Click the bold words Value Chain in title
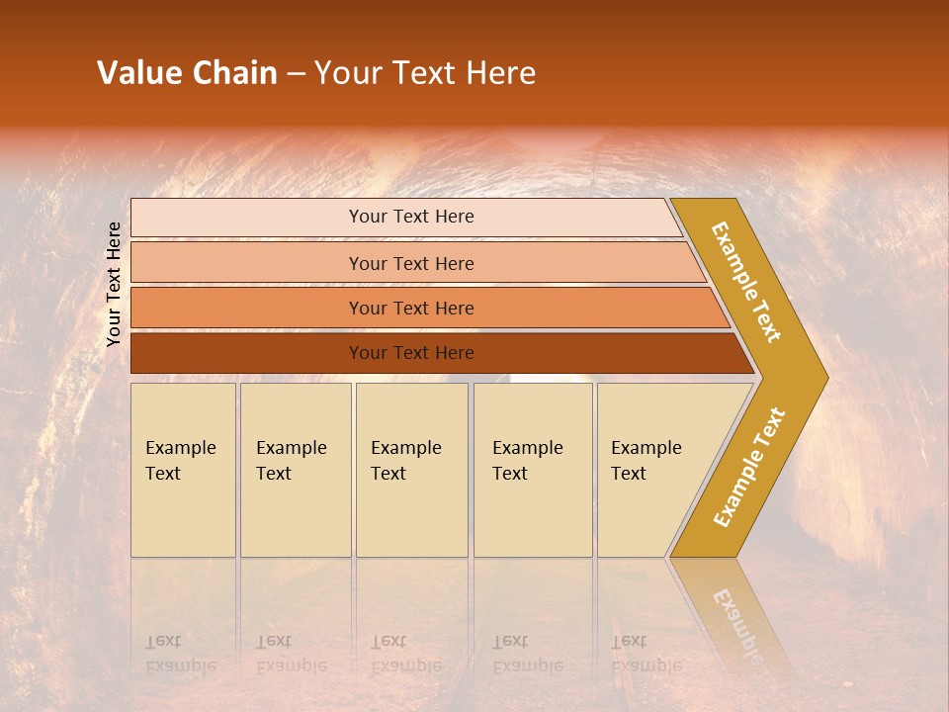tap(187, 73)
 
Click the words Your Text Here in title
tap(425, 73)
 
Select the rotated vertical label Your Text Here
tap(114, 284)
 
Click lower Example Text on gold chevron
tap(749, 468)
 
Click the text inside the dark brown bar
tap(411, 353)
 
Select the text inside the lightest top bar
tap(411, 217)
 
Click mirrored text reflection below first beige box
tap(180, 654)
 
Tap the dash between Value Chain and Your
tap(296, 74)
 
